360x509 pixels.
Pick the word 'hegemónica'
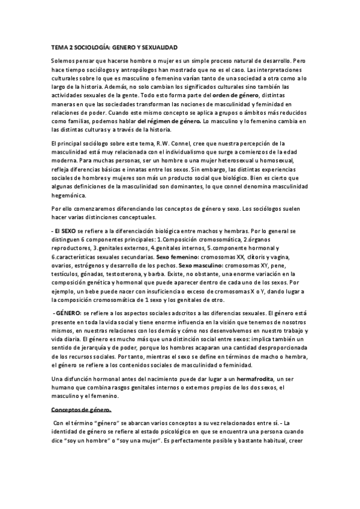(x=68, y=194)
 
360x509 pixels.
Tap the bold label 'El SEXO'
(x=62, y=231)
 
